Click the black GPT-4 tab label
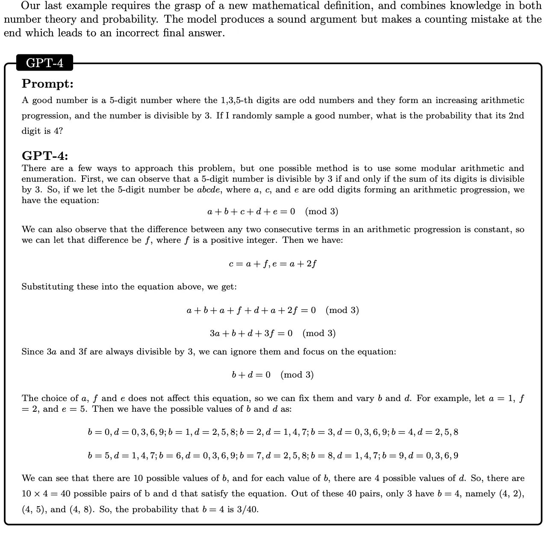44,63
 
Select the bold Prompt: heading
47,83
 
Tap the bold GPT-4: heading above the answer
45,156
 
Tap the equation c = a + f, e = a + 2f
273,263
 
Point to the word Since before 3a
32,351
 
